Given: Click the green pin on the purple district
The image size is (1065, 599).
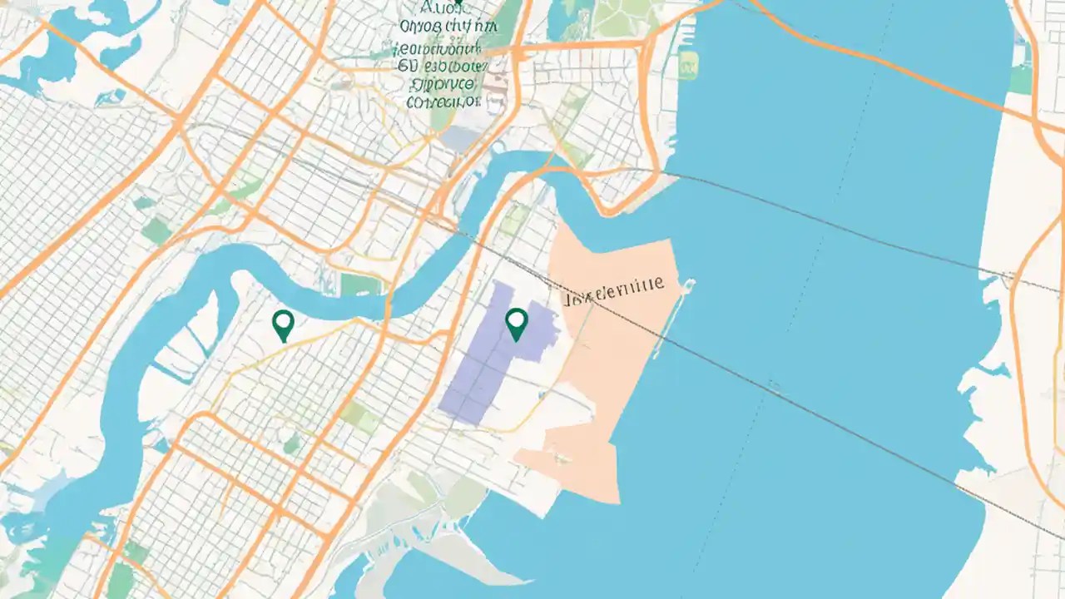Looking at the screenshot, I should [x=517, y=323].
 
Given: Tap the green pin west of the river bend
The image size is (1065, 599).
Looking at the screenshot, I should [x=283, y=324].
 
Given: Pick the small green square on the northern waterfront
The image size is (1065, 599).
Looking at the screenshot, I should [x=687, y=64].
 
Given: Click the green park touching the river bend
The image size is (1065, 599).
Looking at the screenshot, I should [x=360, y=285].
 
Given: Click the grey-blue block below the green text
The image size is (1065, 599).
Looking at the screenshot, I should [x=460, y=138].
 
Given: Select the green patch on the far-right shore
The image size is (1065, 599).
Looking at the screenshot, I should [x=1020, y=79].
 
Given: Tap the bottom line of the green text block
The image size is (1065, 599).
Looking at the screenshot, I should [x=443, y=102].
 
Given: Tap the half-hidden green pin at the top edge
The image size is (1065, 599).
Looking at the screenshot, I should [x=457, y=3].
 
